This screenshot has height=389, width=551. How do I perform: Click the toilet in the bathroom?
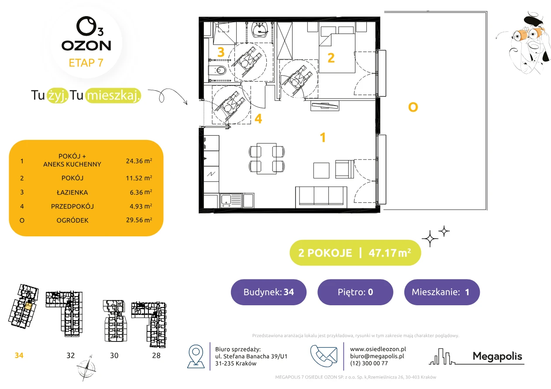click(x=217, y=71)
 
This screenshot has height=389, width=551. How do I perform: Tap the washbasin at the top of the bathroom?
click(x=260, y=30)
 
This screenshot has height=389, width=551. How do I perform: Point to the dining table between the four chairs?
click(x=267, y=158)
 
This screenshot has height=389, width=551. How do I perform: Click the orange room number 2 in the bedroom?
click(x=331, y=58)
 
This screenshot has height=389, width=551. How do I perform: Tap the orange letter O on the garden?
click(x=413, y=107)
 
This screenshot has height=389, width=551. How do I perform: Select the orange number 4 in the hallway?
click(x=258, y=119)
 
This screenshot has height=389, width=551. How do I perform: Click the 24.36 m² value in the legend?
click(x=139, y=161)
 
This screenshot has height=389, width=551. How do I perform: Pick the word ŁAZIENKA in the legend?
click(x=72, y=192)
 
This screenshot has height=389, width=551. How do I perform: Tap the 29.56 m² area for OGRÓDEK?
click(x=139, y=220)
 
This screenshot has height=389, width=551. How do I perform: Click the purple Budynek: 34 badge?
click(x=269, y=292)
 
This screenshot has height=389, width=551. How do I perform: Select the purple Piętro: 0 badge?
click(x=355, y=292)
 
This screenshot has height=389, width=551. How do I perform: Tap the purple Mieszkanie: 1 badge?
click(x=442, y=292)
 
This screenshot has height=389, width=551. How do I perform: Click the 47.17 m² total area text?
click(x=389, y=253)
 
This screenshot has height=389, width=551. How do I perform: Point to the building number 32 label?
click(x=71, y=355)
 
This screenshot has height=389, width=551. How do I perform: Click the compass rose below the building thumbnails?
click(x=86, y=369)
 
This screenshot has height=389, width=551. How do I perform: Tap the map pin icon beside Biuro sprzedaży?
click(x=196, y=356)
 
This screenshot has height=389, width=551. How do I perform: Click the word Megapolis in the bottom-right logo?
click(x=497, y=356)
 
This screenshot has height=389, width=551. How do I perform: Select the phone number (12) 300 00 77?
click(x=369, y=363)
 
